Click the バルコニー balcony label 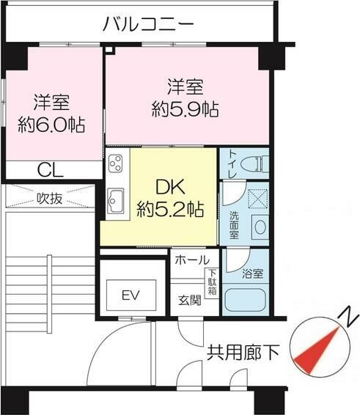coord(148,24)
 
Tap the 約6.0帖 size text coord(51,125)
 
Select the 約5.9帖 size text coord(185,109)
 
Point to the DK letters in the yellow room coord(170,187)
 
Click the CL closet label coord(51,169)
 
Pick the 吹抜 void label coord(50,199)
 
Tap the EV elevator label coord(131,295)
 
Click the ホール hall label coord(192,260)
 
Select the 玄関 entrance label coord(190,301)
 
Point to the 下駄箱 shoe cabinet coord(213,282)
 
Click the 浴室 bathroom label coord(253,273)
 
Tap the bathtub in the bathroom coord(245,301)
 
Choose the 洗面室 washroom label coord(235,225)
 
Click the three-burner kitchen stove coord(116,164)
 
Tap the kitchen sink coord(115,200)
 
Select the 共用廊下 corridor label coord(243,353)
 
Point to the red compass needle coord(316,351)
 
